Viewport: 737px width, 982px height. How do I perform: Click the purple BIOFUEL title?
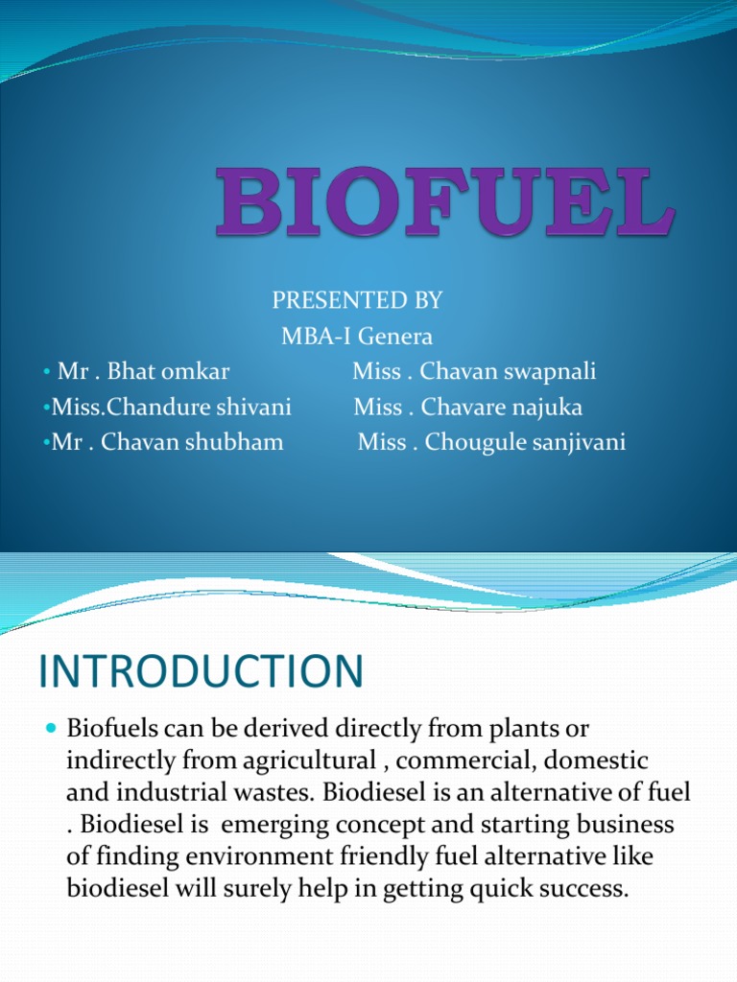[x=445, y=203]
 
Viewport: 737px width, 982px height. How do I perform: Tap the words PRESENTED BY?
[x=357, y=301]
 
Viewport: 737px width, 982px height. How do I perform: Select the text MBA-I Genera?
[x=357, y=337]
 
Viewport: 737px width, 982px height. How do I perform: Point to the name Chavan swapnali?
[x=508, y=372]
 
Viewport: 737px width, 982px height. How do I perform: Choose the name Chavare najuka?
[x=501, y=408]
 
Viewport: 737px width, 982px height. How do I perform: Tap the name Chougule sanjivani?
[x=525, y=443]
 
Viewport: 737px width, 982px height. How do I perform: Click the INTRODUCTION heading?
[x=202, y=672]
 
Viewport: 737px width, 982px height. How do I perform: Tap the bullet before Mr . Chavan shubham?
[x=46, y=443]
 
